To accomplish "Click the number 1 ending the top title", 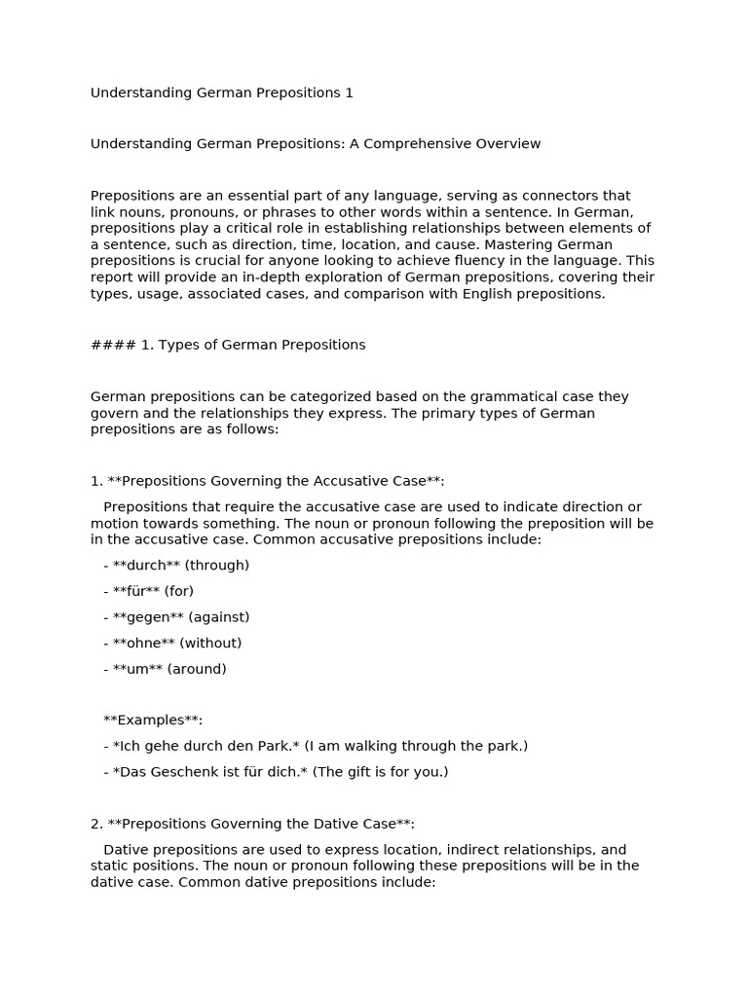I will pyautogui.click(x=349, y=93).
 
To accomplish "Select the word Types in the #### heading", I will pyautogui.click(x=178, y=345).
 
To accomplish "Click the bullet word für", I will pyautogui.click(x=136, y=591).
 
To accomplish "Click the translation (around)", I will pyautogui.click(x=197, y=669).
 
